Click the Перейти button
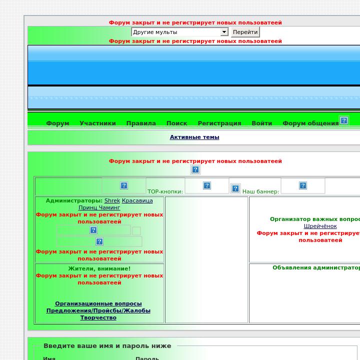(x=245, y=32)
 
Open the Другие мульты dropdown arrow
(x=224, y=32)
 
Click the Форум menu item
(x=57, y=123)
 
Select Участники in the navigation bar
(x=97, y=123)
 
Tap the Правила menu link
(x=141, y=123)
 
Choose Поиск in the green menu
(x=177, y=123)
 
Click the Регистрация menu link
(x=219, y=123)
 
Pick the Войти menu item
(x=261, y=123)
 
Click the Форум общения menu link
(x=310, y=123)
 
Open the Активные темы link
(x=194, y=137)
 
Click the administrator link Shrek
(x=112, y=200)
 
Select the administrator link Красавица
(x=137, y=200)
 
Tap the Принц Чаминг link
(x=99, y=207)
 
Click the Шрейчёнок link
(x=320, y=226)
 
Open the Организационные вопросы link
(x=98, y=303)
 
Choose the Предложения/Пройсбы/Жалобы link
(x=98, y=310)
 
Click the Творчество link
(x=98, y=317)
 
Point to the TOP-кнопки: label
(x=165, y=191)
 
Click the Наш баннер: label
(x=260, y=191)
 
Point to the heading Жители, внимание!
(x=99, y=268)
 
